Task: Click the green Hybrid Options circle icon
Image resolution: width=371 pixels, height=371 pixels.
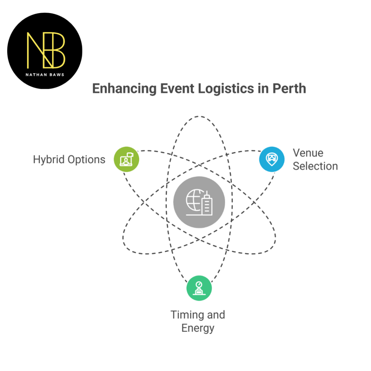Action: coord(126,159)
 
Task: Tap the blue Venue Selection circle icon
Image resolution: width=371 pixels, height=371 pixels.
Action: coord(272,159)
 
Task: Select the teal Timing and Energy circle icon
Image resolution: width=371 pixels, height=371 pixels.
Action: coord(199,288)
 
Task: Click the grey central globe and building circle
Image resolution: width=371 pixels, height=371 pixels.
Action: coord(199,202)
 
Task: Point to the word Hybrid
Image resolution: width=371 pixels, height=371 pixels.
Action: coord(49,160)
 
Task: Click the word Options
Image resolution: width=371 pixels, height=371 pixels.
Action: coord(86,160)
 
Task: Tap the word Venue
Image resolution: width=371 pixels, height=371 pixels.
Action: coord(308,153)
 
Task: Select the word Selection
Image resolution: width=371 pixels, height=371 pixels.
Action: coord(316,166)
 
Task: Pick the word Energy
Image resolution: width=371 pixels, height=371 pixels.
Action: coord(198,329)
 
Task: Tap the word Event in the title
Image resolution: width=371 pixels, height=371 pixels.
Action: coord(177,88)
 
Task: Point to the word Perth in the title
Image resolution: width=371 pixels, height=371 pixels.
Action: coord(289,88)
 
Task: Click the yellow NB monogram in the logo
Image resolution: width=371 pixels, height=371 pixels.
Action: coord(46,50)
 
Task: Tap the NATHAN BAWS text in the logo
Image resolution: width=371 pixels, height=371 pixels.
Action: coord(45,75)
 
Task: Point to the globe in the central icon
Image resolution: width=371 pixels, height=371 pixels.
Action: coord(195,200)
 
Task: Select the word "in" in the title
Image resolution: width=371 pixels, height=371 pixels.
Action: coord(263,88)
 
